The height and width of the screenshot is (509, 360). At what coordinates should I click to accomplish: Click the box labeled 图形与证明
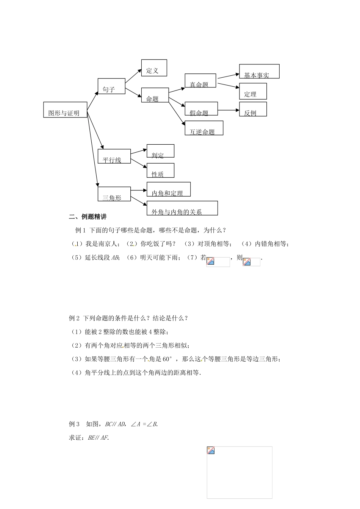point(65,109)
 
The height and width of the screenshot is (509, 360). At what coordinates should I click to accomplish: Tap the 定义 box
point(154,68)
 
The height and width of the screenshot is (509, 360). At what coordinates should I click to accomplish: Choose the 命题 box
point(155,95)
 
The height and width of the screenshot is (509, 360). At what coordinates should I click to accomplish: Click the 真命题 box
point(200,81)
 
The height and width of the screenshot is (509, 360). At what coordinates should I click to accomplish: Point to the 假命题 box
point(201,109)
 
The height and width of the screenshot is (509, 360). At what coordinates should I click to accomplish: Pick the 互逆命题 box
point(203,128)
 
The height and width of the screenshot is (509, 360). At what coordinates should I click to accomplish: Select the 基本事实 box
point(259,71)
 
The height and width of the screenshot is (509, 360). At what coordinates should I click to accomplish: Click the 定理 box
point(253,91)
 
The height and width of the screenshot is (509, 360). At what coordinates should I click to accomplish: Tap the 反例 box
point(253,109)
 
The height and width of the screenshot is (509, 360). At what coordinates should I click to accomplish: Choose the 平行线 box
point(114,156)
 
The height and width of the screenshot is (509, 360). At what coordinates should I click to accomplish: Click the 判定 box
point(160,151)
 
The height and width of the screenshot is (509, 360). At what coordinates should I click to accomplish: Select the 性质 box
point(160,170)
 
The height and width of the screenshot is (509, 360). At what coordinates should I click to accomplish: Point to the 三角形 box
point(114,194)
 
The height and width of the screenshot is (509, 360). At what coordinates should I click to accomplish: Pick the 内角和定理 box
point(168,189)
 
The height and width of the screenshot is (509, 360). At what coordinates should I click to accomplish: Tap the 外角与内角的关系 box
point(182,208)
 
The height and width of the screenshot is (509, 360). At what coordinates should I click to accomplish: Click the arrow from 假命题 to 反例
point(229,110)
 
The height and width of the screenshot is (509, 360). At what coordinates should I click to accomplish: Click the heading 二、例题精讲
point(88,217)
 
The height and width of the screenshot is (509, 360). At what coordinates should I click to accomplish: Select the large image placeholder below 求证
point(239,472)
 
